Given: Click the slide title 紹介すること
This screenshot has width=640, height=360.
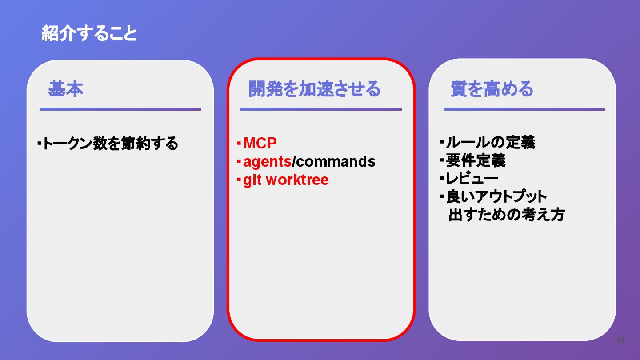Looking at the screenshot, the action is tap(89, 34).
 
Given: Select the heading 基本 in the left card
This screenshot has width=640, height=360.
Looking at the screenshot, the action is tap(66, 89).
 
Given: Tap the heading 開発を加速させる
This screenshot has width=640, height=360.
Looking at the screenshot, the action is tap(314, 89).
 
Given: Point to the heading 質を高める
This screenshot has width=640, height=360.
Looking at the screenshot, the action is tap(492, 89).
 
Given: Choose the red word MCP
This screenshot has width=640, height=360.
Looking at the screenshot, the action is tap(260, 143).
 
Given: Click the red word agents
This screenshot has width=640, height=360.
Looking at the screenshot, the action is tap(267, 162).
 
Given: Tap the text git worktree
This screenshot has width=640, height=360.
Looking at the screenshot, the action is tap(286, 180).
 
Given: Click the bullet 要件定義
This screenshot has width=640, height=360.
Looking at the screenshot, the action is tap(476, 161).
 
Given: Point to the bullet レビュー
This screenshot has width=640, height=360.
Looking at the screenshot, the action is tap(472, 179).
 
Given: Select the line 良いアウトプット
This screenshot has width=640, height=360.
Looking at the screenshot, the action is tap(496, 196).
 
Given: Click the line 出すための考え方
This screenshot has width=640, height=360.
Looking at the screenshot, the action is tap(506, 215).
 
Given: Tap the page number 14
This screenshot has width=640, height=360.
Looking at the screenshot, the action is tap(620, 340).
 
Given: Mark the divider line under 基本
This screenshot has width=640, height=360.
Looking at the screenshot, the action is tap(120, 109).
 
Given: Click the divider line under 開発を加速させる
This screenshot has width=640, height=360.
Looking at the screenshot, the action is tap(321, 109).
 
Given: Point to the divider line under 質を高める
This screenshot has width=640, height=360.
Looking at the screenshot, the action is tap(524, 109).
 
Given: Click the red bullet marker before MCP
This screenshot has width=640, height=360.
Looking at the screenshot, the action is tap(239, 143).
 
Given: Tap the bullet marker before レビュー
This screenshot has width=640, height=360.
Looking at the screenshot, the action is tap(442, 179).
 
